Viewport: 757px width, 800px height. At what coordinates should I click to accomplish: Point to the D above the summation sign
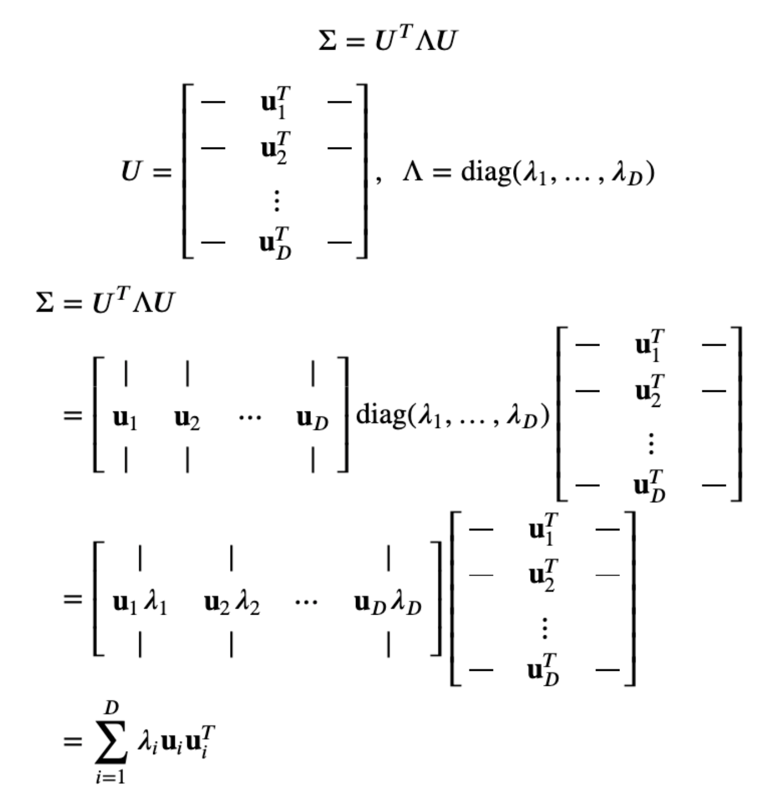[x=111, y=708]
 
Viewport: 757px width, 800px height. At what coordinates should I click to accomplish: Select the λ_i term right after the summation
[x=147, y=742]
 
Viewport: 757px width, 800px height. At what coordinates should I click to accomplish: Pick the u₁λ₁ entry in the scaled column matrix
[x=140, y=602]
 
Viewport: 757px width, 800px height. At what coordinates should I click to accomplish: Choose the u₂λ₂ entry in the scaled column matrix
[x=232, y=602]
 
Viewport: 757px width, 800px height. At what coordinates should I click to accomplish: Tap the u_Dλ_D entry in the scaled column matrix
[x=388, y=602]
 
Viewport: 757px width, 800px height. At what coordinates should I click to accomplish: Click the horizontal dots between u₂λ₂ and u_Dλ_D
[x=306, y=602]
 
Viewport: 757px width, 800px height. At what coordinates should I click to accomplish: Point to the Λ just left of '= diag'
[x=413, y=173]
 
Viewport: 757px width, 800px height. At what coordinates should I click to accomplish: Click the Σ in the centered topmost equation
[x=328, y=41]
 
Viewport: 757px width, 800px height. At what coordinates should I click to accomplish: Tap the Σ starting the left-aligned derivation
[x=45, y=303]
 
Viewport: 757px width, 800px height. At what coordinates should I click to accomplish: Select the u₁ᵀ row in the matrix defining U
[x=275, y=102]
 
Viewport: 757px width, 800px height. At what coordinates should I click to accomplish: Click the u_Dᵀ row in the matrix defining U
[x=275, y=243]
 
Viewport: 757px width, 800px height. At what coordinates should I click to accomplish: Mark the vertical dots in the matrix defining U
[x=276, y=200]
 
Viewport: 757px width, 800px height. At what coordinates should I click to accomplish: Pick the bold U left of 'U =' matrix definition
[x=131, y=172]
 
